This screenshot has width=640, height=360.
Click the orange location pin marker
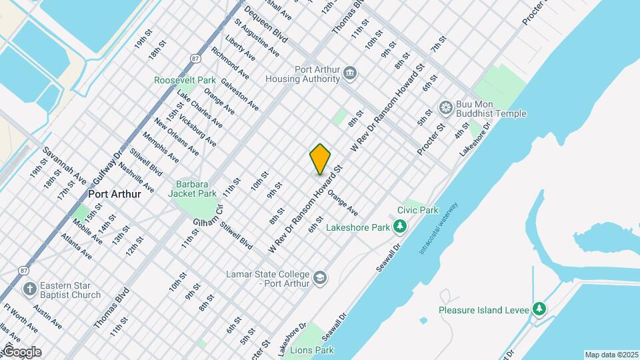pyautogui.click(x=320, y=159)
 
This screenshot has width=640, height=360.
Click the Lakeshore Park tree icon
pyautogui.click(x=399, y=227)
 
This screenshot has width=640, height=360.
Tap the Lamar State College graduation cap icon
pyautogui.click(x=320, y=277)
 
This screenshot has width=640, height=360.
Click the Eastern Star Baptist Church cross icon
pyautogui.click(x=29, y=289)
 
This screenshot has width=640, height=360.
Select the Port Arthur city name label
pyautogui.click(x=114, y=194)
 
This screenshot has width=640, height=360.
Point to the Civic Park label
pyautogui.click(x=417, y=210)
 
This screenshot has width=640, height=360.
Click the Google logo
pyautogui.click(x=21, y=352)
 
